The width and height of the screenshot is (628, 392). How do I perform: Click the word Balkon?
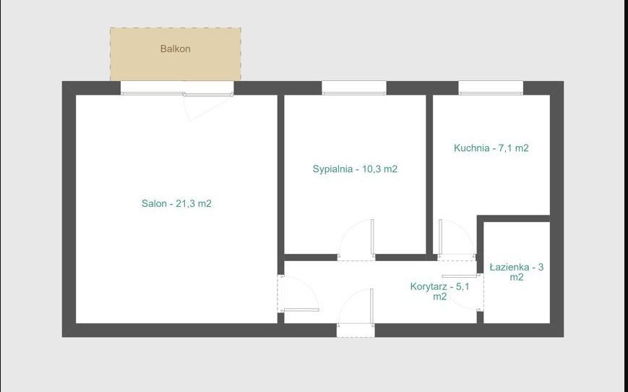[175, 49]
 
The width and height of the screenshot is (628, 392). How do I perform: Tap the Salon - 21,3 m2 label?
[176, 204]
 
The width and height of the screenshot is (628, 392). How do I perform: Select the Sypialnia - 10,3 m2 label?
[355, 169]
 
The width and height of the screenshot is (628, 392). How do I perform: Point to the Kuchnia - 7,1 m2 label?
[491, 148]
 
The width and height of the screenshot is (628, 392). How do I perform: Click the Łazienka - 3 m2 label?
[517, 272]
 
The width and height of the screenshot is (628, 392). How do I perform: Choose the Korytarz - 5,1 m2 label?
[440, 291]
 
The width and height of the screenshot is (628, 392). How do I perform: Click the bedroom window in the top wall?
[354, 88]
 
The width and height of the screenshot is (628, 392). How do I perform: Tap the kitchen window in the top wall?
[491, 88]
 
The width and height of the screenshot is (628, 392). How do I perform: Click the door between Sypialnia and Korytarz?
[356, 239]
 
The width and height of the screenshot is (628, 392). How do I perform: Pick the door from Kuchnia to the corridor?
[457, 239]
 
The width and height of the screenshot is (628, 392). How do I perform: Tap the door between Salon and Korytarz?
[298, 294]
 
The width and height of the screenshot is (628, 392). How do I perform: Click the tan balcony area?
[176, 54]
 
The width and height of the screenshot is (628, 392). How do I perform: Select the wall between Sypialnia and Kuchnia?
[429, 174]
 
